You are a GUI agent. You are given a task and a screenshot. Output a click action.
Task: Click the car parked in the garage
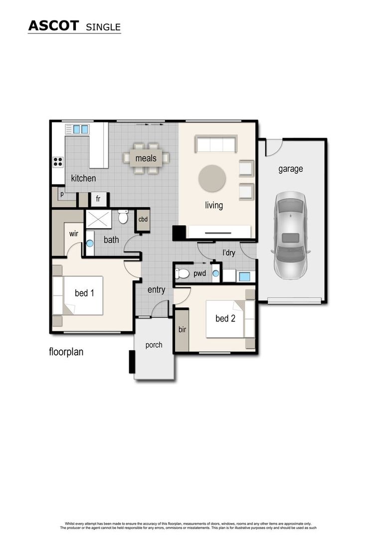pos(290,236)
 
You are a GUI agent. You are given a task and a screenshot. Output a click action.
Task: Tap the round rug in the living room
pos(212,178)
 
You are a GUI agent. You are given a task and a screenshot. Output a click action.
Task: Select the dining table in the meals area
pos(146,158)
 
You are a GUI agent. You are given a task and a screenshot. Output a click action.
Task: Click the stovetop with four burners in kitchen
pos(58,161)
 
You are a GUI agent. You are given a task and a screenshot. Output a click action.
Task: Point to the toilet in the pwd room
pos(183,273)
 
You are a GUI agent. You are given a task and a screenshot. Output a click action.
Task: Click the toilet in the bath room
pos(123,218)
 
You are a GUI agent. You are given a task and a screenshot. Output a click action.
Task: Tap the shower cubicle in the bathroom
pos(98,219)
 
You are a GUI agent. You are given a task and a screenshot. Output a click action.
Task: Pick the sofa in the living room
pos(215,144)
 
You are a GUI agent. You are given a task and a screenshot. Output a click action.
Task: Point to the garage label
pos(290,169)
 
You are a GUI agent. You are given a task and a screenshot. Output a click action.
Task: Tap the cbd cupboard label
pos(143,219)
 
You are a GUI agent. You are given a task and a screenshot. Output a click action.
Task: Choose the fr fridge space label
pos(98,199)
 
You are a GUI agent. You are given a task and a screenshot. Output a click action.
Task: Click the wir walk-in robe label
pos(73,233)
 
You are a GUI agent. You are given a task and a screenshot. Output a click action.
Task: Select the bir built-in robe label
pos(182,329)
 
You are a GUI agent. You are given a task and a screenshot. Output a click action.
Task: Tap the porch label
pos(154,345)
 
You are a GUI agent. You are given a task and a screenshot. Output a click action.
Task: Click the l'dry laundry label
pos(228,253)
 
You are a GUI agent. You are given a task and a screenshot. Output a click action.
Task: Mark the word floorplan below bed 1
pos(66,352)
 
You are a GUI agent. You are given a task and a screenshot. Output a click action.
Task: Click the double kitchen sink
pos(80,129)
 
